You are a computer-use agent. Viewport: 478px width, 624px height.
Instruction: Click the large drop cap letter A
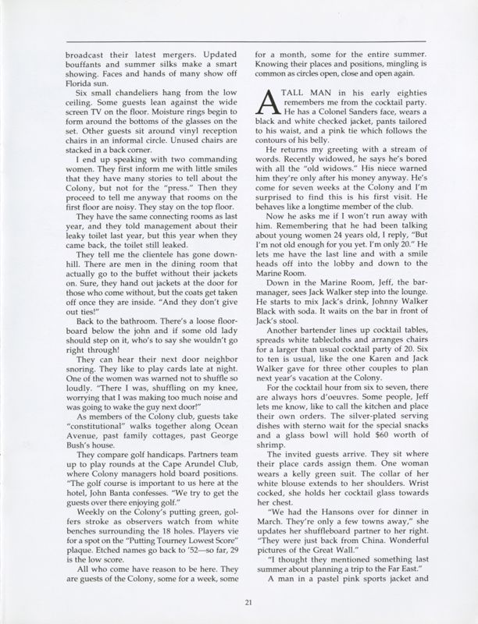(266, 104)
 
